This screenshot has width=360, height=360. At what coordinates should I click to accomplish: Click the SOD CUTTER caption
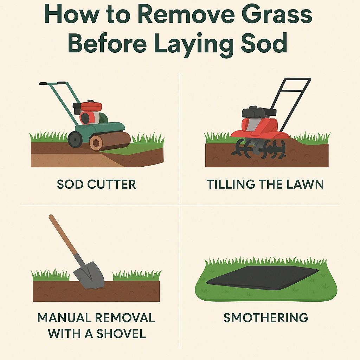pyautogui.click(x=96, y=184)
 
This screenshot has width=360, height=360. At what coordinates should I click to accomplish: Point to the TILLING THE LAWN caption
pyautogui.click(x=265, y=184)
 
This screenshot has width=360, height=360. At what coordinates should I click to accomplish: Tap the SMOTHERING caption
pyautogui.click(x=266, y=317)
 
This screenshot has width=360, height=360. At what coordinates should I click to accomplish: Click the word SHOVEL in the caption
pyautogui.click(x=121, y=334)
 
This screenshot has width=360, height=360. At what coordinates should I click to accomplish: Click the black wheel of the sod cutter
pyautogui.click(x=75, y=139)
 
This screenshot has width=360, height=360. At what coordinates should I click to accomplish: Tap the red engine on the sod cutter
pyautogui.click(x=91, y=112)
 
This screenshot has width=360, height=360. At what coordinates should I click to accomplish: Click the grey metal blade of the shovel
pyautogui.click(x=89, y=275)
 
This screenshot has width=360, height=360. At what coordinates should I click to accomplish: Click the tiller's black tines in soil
pyautogui.click(x=259, y=149)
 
